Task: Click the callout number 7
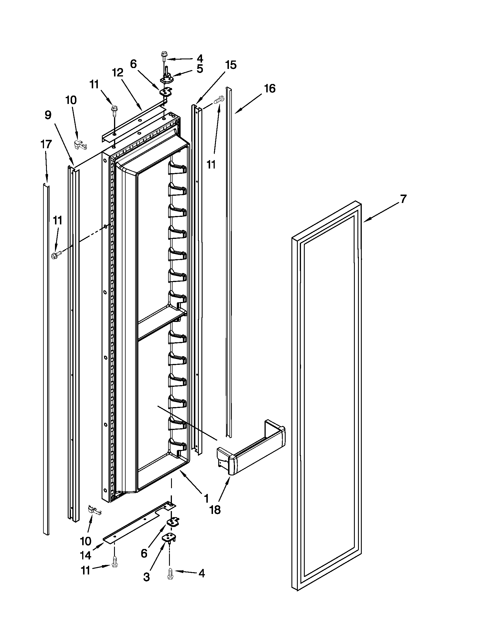tap(403, 199)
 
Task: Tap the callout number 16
tap(270, 88)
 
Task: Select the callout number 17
tap(46, 144)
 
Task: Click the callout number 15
tap(231, 65)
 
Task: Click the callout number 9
tap(48, 115)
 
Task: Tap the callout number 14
tap(86, 556)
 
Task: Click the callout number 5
tap(200, 69)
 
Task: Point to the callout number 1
tap(206, 498)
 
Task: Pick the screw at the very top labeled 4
tap(164, 56)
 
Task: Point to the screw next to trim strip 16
tap(219, 100)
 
